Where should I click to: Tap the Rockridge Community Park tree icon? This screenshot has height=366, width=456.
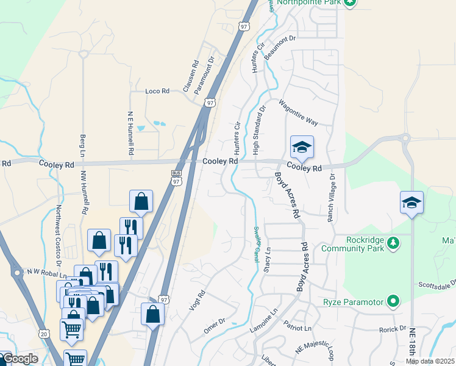394,243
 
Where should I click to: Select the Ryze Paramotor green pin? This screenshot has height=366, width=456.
394,301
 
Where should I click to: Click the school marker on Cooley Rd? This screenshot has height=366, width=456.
302,148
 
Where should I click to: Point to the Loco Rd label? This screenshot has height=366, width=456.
157,91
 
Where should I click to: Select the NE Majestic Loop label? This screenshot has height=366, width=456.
315,349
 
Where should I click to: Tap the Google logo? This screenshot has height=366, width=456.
20,359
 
